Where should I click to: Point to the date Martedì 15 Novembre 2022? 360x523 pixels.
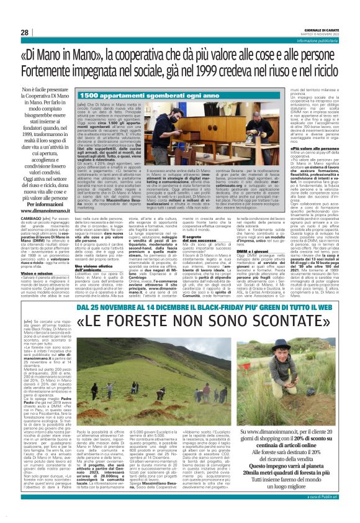coord(324,34)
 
